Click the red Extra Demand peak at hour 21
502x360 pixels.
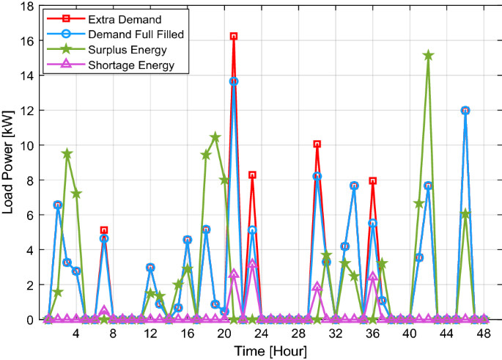(x=234, y=36)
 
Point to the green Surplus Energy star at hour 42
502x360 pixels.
(x=428, y=56)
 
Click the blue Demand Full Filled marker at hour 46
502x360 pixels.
(x=465, y=110)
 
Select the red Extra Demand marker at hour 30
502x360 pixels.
(x=317, y=144)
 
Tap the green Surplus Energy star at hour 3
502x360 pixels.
(x=67, y=154)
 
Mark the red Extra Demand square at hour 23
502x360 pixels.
(x=252, y=175)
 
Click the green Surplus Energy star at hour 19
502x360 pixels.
(x=215, y=137)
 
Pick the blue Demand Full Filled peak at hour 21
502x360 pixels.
(x=234, y=81)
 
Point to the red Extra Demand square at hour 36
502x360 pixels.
(x=372, y=180)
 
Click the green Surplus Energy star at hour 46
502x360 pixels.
(x=465, y=214)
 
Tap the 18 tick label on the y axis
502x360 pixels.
(x=27, y=7)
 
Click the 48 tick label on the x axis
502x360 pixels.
(x=484, y=334)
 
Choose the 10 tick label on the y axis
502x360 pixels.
(x=27, y=145)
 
